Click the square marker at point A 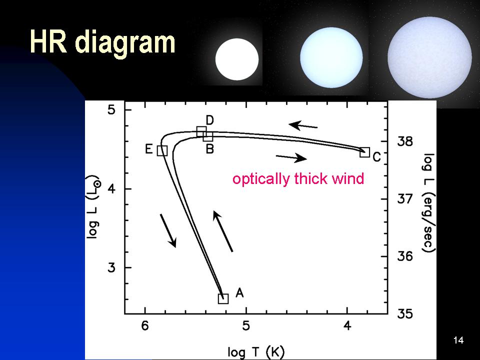(223, 298)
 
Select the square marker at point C (364, 152)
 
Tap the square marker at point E (162, 150)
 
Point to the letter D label (209, 120)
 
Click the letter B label (209, 149)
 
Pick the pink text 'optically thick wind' (298, 178)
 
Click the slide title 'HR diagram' (102, 43)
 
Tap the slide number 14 (458, 340)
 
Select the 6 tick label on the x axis (145, 325)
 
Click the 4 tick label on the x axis (347, 325)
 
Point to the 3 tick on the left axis (111, 267)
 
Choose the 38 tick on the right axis (405, 141)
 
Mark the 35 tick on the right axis (405, 314)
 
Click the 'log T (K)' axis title (256, 351)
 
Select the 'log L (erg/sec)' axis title (428, 202)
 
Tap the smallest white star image (237, 59)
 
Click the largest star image (430, 57)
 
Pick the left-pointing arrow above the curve (303, 125)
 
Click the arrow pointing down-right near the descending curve (168, 231)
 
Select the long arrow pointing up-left (223, 231)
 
